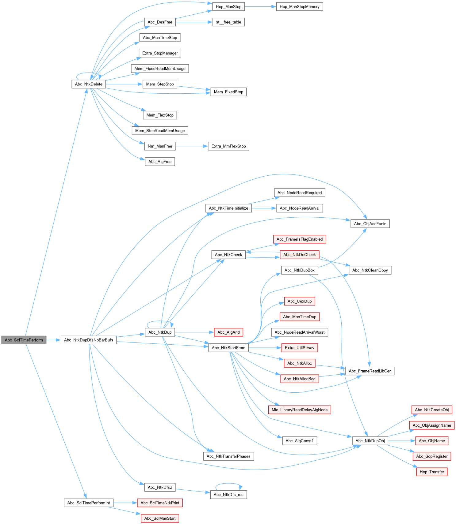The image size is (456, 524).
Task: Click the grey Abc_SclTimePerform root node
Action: pos(24,340)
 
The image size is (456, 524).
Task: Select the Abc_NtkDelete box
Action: pos(89,84)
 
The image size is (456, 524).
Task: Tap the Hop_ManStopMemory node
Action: pos(299,7)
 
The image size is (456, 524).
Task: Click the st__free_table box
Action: pos(228,22)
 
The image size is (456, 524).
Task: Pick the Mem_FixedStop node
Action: pos(228,92)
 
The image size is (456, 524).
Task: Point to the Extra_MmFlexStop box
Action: pos(228,146)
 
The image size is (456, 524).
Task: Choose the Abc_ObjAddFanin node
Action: pos(370,224)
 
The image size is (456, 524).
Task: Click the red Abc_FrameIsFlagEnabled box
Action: pos(299,239)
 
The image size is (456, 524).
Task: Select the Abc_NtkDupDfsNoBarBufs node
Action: pos(89,340)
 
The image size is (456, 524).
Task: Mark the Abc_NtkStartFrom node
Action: pos(228,348)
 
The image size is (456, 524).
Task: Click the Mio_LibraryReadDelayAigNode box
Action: pos(299,410)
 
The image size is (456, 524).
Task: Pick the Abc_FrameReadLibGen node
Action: pos(370,371)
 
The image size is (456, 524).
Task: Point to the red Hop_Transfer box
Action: pos(432,472)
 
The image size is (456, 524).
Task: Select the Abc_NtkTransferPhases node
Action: pos(228,456)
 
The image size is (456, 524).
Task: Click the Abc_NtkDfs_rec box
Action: pos(228,495)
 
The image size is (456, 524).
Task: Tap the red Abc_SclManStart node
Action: pos(160,518)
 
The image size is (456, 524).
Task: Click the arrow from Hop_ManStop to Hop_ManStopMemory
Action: pos(260,7)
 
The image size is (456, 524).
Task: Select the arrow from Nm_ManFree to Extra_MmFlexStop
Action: pos(192,146)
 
